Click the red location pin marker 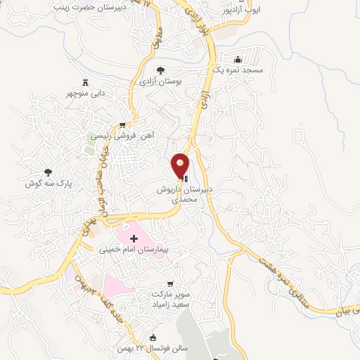click(181, 165)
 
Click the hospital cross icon click(134, 239)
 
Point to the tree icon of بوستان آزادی click(160, 70)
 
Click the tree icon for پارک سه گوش click(49, 172)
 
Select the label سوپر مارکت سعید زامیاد click(168, 296)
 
